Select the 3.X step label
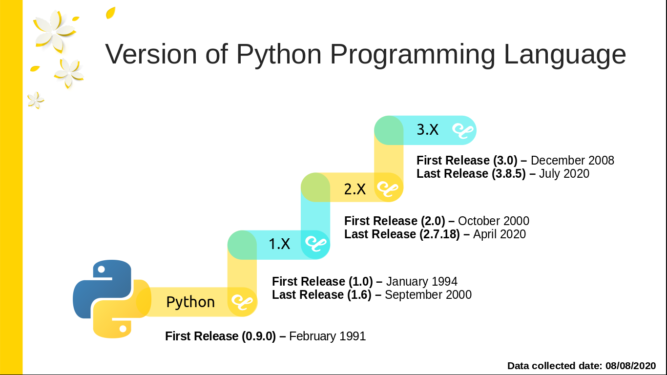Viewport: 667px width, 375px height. click(x=427, y=130)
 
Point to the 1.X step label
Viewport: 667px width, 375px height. click(x=279, y=244)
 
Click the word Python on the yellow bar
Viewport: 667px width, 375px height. click(x=190, y=302)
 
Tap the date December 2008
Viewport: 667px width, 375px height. click(x=572, y=160)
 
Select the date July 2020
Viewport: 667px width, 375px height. click(x=564, y=173)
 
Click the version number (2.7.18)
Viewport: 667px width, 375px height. click(x=439, y=234)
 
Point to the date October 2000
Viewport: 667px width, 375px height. click(x=493, y=221)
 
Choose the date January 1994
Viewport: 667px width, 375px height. click(x=421, y=281)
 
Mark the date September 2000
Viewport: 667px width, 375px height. click(x=428, y=294)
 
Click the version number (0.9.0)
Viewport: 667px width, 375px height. click(x=259, y=336)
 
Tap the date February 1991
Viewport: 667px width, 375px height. click(x=327, y=336)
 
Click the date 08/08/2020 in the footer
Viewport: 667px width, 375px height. click(x=630, y=365)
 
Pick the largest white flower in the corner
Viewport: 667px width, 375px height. click(x=54, y=30)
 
